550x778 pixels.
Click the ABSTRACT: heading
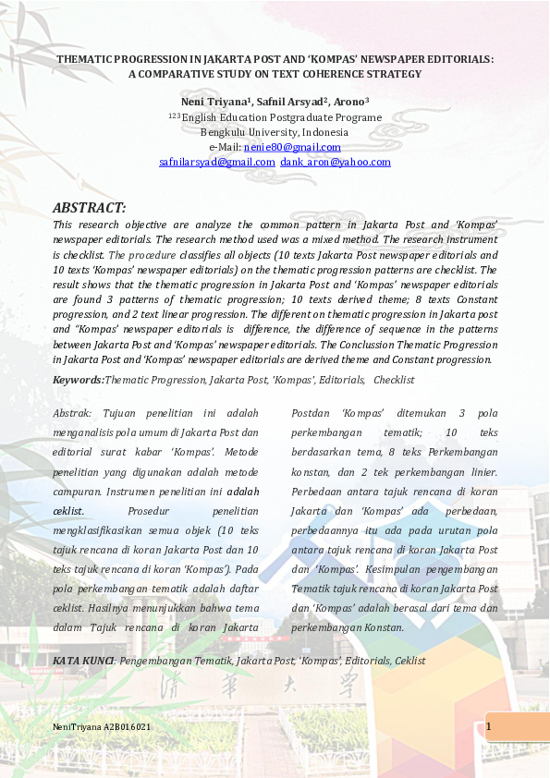pyautogui.click(x=90, y=208)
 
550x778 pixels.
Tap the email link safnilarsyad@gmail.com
pyautogui.click(x=216, y=162)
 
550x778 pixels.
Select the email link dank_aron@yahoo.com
pyautogui.click(x=336, y=162)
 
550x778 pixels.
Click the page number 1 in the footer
pyautogui.click(x=488, y=727)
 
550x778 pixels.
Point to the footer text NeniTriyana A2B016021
pyautogui.click(x=102, y=728)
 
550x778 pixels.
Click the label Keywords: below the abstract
pyautogui.click(x=79, y=380)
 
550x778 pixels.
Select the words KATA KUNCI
pyautogui.click(x=82, y=661)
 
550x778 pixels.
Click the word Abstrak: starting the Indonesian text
pyautogui.click(x=72, y=413)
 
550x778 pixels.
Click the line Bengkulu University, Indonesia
pyautogui.click(x=275, y=132)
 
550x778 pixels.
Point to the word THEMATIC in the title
pyautogui.click(x=85, y=59)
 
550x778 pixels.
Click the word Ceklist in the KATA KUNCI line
pyautogui.click(x=409, y=661)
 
